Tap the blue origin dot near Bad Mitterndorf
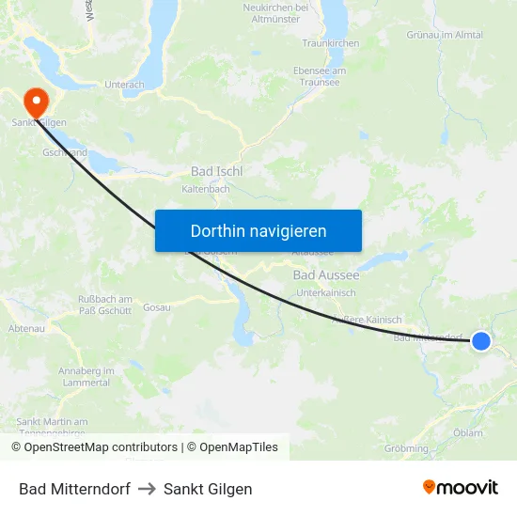[x=480, y=340]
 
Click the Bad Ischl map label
[x=217, y=171]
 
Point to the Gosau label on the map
[x=156, y=307]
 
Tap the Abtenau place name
[x=25, y=328]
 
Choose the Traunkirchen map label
[x=331, y=43]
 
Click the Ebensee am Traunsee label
[x=320, y=76]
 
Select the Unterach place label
[x=124, y=84]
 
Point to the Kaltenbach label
[x=205, y=189]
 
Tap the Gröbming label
[x=406, y=448]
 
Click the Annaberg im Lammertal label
[x=86, y=377]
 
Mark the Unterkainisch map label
[x=325, y=293]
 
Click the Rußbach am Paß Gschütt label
[x=105, y=305]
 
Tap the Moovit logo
[x=460, y=487]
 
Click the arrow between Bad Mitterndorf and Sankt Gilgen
[x=147, y=489]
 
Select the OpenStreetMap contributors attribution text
[x=94, y=447]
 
